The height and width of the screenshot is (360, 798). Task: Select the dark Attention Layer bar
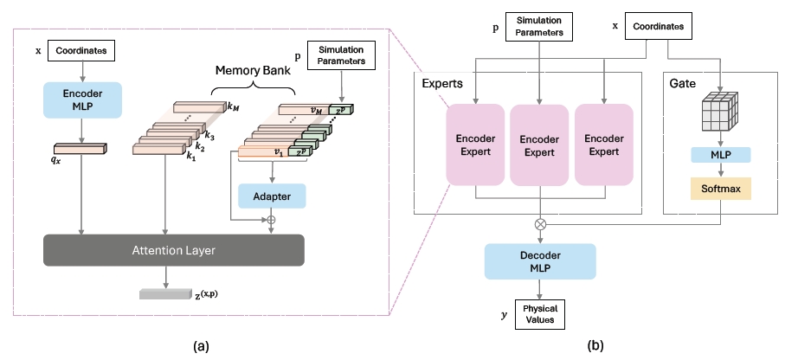[x=174, y=250]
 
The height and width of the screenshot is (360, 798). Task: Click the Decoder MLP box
[x=540, y=261]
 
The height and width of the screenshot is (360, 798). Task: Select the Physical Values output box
[x=540, y=315]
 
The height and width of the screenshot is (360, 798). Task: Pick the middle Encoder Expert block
[x=541, y=145]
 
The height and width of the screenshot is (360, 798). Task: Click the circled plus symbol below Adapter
[x=272, y=220]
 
